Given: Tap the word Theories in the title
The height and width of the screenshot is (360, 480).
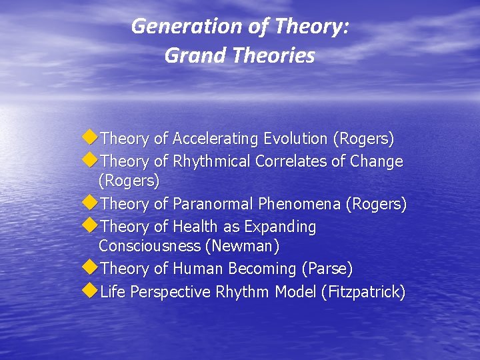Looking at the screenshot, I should [273, 55].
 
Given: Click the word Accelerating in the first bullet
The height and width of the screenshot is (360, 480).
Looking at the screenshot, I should [215, 139].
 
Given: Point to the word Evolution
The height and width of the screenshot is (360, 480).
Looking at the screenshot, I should [295, 139].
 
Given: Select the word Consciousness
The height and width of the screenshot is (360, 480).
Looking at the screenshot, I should [149, 246].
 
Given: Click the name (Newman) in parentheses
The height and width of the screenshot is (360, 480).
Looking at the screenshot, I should [243, 246].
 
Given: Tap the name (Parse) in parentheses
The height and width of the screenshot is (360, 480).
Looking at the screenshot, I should [327, 269].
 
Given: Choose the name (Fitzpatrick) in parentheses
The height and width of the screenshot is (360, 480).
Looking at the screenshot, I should [363, 292].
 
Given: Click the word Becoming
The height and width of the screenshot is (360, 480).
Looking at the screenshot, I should [263, 269].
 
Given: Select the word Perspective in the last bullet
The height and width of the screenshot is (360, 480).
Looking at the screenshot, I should [171, 292].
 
